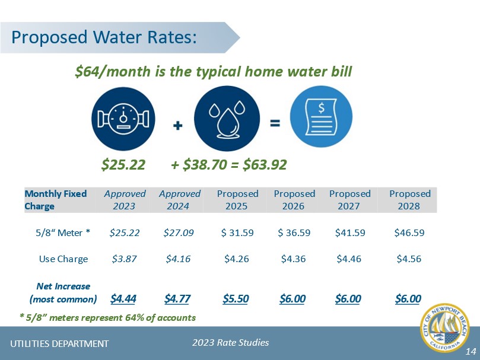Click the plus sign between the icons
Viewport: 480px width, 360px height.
coord(177,126)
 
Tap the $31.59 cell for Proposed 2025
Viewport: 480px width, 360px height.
coord(237,232)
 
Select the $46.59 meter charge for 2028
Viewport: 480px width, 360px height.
coord(409,232)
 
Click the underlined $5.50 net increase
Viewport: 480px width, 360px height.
coord(236,298)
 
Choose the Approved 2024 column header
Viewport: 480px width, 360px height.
coord(180,200)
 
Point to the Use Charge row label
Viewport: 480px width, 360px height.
coord(63,259)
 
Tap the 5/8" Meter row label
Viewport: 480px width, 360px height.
coord(62,232)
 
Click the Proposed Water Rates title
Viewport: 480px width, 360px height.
coord(104,37)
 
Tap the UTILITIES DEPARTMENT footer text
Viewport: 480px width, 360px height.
coord(60,343)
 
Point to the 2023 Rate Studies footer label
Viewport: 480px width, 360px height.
coord(231,342)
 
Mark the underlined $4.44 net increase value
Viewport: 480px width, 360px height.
coord(124,298)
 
